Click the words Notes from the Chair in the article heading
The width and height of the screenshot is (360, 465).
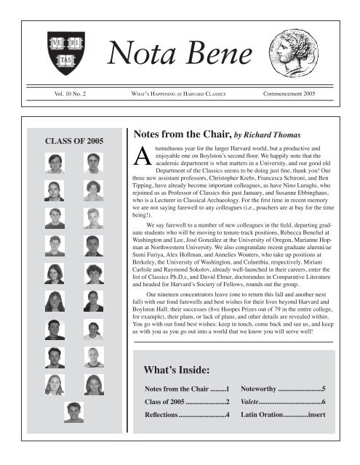[x=179, y=134]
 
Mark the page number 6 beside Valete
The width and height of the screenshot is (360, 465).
[x=323, y=403]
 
